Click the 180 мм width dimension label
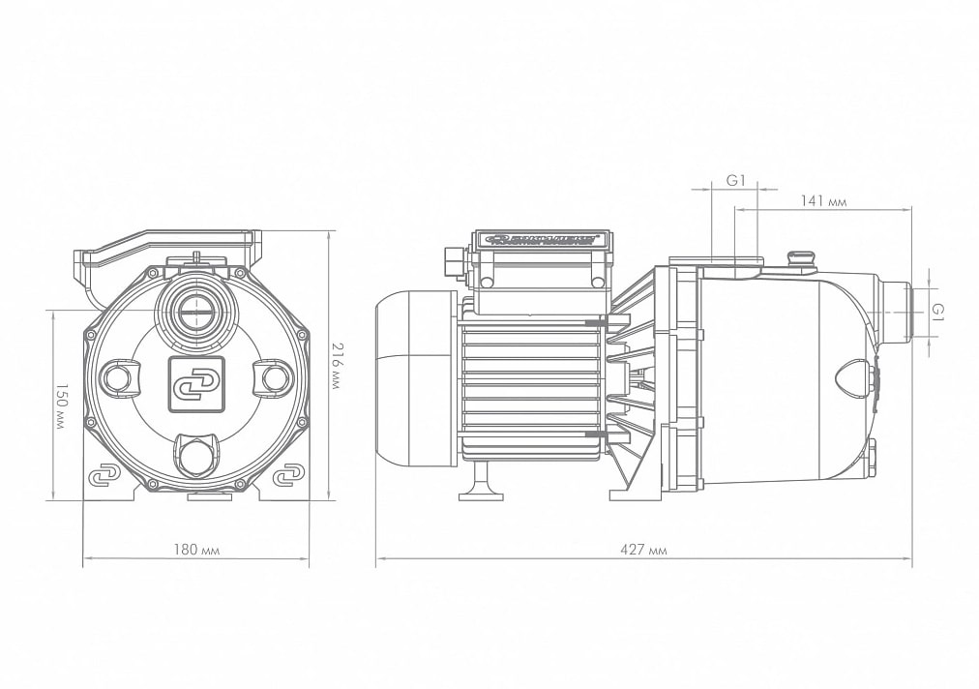(196, 550)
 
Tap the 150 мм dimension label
(59, 406)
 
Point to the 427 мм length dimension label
(643, 550)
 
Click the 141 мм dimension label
(823, 200)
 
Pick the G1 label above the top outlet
(735, 180)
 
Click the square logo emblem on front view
(196, 379)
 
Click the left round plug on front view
(119, 376)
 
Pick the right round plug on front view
(274, 376)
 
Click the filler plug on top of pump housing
(802, 257)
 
